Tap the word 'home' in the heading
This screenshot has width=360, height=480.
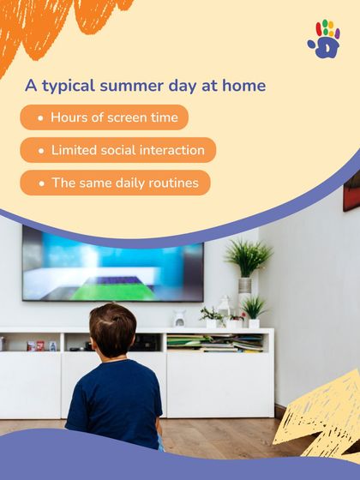tap(244, 87)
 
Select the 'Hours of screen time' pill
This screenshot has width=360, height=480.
tap(105, 117)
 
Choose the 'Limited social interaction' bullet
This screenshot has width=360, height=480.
tap(118, 150)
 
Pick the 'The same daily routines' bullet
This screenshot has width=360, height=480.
tap(115, 183)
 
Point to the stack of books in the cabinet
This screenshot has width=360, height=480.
tap(214, 342)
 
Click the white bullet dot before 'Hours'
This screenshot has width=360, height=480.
tap(40, 117)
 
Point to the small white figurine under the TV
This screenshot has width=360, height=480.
tap(179, 318)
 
